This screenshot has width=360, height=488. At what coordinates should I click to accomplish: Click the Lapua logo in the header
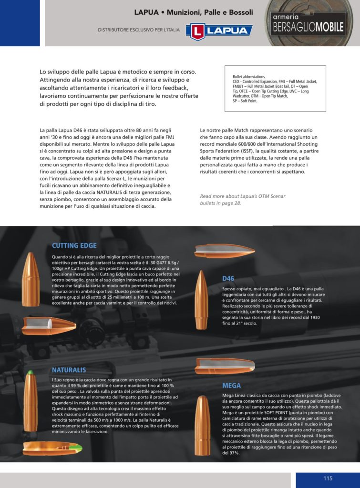(x=219, y=31)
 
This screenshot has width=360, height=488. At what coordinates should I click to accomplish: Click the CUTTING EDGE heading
(x=74, y=246)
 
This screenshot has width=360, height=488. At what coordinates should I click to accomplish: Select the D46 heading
(x=228, y=278)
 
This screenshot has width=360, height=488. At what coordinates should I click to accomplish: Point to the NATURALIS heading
(x=69, y=370)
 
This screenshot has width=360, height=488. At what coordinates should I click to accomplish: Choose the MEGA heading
(x=231, y=386)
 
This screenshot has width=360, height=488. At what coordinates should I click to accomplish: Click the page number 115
(x=328, y=478)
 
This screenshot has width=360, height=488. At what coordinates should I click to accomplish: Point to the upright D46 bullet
(x=201, y=300)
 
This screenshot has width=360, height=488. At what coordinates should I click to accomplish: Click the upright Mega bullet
(x=202, y=425)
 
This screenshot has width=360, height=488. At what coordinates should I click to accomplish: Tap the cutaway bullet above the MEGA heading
(x=224, y=366)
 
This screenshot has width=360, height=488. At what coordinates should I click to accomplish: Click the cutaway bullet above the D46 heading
(x=224, y=251)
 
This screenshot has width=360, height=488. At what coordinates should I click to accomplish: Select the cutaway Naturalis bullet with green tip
(x=52, y=448)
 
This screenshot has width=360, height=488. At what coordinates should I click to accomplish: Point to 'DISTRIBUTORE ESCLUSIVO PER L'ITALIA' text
(x=139, y=30)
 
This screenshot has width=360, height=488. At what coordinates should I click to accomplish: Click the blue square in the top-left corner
(x=20, y=23)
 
